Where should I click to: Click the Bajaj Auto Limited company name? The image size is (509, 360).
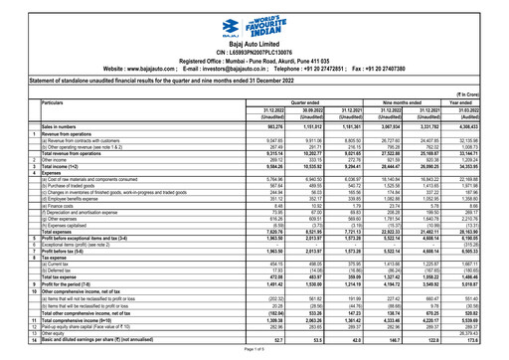pos(254,36)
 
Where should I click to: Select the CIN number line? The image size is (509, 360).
pos(254,46)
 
